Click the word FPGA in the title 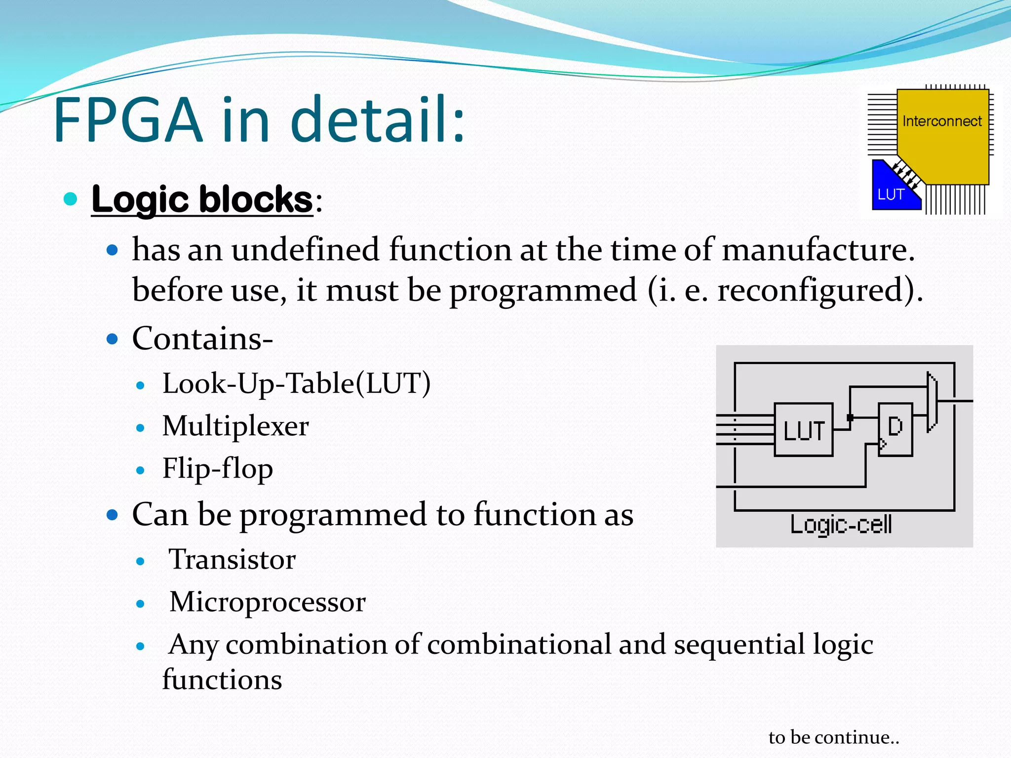click(128, 120)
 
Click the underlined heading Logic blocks click(202, 199)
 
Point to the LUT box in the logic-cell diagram click(803, 430)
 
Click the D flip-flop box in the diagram click(895, 429)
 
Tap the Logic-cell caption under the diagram click(841, 524)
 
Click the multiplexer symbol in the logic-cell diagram click(932, 401)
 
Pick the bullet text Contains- click(202, 339)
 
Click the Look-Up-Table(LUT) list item click(296, 383)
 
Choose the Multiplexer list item click(235, 426)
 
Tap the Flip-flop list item click(217, 468)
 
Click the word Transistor click(232, 560)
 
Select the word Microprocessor click(267, 602)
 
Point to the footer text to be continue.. click(834, 737)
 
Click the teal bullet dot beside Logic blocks click(71, 199)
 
